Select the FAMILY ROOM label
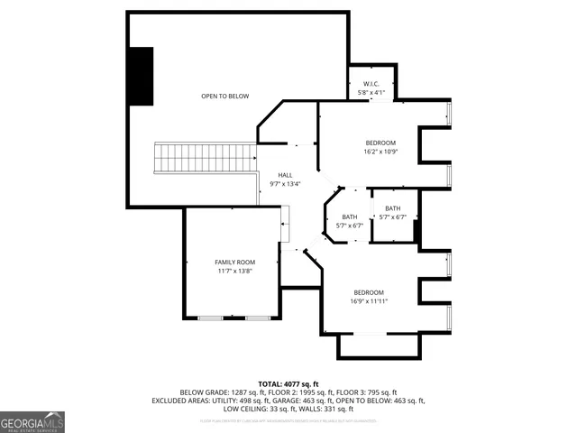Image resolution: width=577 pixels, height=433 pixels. tap(234, 262)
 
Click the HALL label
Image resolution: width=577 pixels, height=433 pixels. tap(285, 175)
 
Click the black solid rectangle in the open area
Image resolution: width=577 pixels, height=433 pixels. tap(141, 76)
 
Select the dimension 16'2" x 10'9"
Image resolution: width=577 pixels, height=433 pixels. tap(380, 152)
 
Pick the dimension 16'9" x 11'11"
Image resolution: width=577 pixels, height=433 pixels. tap(369, 301)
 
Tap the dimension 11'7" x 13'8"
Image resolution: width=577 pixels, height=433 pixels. tap(234, 271)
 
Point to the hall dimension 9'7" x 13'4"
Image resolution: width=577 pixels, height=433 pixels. tap(285, 183)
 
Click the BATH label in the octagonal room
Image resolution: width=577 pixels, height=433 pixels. tap(348, 216)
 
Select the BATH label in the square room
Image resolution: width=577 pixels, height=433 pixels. tap(392, 208)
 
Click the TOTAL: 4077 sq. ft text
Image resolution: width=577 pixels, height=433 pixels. tap(288, 383)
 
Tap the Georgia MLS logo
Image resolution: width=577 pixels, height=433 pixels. tap(32, 421)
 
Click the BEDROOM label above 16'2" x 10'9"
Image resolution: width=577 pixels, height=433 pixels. tap(380, 143)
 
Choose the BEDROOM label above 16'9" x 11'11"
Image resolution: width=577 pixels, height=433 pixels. tap(369, 292)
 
